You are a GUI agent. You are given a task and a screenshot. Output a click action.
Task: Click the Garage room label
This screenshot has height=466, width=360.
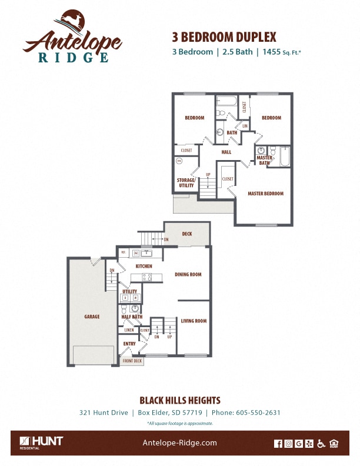coord(92,317)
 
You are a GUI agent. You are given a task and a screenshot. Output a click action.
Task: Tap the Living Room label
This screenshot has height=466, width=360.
coord(193,321)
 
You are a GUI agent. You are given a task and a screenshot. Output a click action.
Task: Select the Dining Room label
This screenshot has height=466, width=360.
coord(188,274)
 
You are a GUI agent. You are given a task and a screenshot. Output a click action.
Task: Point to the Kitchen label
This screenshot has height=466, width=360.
coord(144,266)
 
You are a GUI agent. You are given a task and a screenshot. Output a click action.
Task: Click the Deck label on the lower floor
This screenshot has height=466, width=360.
coord(186,234)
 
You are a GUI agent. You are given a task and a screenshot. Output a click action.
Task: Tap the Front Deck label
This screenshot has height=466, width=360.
coord(132,361)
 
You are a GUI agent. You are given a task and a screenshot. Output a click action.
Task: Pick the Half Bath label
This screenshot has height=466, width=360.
coord(132,317)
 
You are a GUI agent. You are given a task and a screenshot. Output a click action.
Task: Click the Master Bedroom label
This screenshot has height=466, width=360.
coord(265,194)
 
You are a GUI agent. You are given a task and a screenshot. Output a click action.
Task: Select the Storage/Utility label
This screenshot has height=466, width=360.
coord(186,182)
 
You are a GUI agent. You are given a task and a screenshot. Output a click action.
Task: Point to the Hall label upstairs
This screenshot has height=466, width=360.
coord(226,152)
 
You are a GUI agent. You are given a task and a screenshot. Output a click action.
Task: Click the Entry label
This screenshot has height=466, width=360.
coord(129,344)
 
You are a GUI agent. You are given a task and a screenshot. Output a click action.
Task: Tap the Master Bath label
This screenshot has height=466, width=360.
coord(264,160)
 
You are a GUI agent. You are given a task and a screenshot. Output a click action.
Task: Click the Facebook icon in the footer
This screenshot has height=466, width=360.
coord(278,444)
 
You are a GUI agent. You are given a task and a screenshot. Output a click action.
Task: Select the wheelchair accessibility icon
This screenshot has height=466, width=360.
coord(321,444)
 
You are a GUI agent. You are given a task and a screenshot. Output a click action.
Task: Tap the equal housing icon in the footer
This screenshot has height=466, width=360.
coord(334,444)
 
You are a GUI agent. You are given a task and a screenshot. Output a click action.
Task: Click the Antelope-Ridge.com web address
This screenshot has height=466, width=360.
coord(180,443)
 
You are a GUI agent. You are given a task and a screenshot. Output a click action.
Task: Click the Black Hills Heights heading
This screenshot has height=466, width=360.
coord(180,400)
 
